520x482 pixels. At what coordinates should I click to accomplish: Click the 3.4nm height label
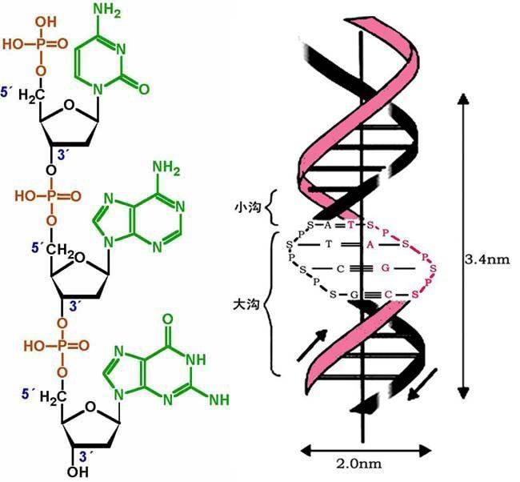(x=487, y=259)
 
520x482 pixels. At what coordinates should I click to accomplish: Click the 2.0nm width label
(x=359, y=464)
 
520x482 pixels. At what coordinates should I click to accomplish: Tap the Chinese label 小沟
(x=248, y=208)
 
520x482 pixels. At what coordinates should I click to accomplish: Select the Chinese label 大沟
(x=246, y=304)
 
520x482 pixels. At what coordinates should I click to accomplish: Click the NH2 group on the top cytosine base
(x=107, y=11)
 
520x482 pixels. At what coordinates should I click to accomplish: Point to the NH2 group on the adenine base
(x=166, y=168)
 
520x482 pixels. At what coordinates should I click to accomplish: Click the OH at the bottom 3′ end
(x=78, y=472)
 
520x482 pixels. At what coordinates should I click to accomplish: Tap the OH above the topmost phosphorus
(x=46, y=22)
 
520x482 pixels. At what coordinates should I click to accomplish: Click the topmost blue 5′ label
(x=6, y=92)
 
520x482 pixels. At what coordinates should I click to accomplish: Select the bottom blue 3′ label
(x=86, y=456)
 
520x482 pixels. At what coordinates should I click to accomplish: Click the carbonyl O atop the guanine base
(x=168, y=319)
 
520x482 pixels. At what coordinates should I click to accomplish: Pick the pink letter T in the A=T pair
(x=351, y=226)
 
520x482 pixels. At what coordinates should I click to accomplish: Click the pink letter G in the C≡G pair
(x=385, y=267)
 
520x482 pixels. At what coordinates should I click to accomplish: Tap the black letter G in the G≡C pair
(x=354, y=294)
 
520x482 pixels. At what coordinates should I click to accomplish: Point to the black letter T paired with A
(x=328, y=244)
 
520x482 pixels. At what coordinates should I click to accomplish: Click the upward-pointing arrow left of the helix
(x=312, y=346)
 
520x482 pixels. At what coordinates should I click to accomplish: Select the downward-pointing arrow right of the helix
(x=422, y=384)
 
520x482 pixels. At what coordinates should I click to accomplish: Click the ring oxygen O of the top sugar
(x=69, y=105)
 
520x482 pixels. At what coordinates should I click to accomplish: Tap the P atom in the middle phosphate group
(x=50, y=196)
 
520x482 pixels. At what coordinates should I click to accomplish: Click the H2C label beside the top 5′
(x=31, y=96)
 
